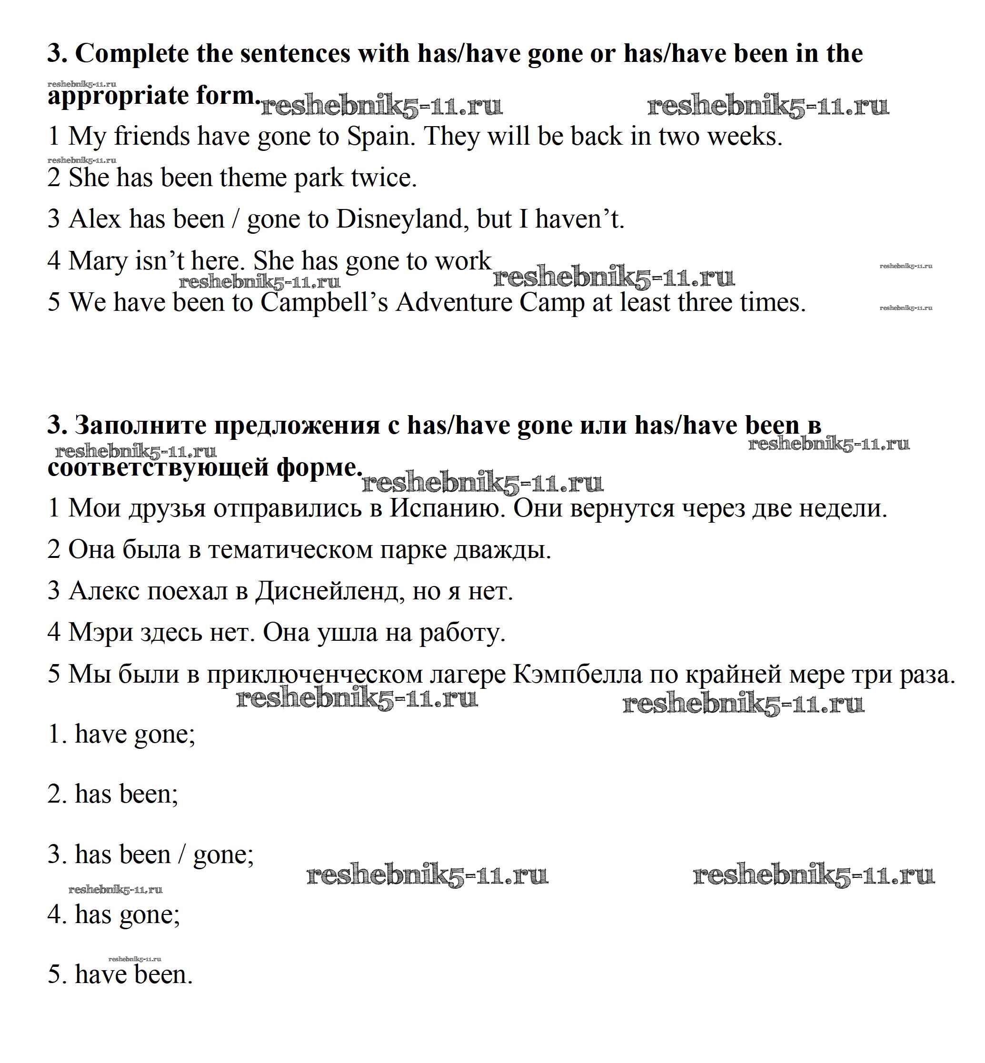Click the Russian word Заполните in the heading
tap(140, 425)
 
